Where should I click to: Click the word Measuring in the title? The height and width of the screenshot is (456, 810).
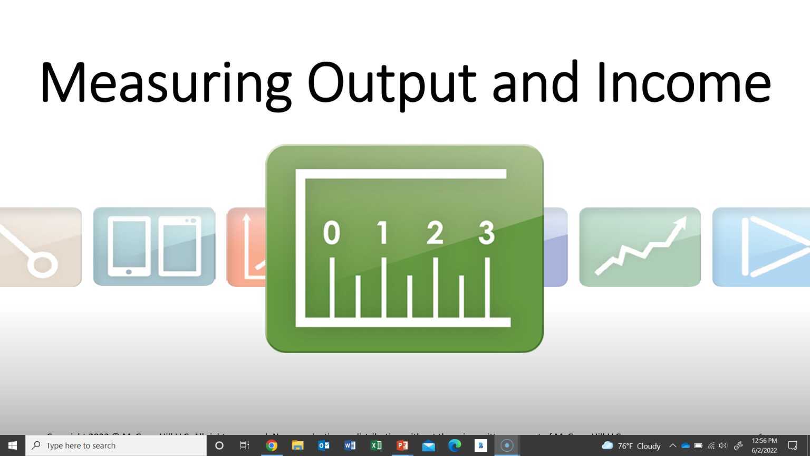[165, 83]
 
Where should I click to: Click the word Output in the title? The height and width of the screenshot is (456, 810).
[391, 83]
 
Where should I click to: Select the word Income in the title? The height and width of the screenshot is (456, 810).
[683, 83]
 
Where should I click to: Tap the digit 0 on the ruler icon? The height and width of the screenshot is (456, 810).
[331, 233]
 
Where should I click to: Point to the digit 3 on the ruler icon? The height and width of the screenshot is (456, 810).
[486, 233]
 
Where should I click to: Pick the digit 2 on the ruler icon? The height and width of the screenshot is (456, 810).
[435, 233]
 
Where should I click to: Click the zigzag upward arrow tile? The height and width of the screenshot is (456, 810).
[640, 247]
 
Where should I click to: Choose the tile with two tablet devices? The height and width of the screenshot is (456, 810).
[154, 247]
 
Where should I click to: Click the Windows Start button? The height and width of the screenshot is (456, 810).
[13, 445]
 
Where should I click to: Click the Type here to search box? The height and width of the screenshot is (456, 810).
[116, 445]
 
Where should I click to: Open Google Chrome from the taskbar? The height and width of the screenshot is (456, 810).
[272, 445]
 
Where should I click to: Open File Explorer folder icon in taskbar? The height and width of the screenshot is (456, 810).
[297, 445]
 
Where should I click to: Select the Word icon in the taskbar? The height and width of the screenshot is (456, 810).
[350, 445]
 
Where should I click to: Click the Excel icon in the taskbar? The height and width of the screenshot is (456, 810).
[376, 445]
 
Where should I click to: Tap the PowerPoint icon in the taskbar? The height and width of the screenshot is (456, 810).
[402, 445]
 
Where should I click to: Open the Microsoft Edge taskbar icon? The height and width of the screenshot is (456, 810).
[455, 445]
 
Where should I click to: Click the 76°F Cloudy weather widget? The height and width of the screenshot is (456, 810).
[631, 446]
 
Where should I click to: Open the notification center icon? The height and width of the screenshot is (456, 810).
[793, 445]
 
